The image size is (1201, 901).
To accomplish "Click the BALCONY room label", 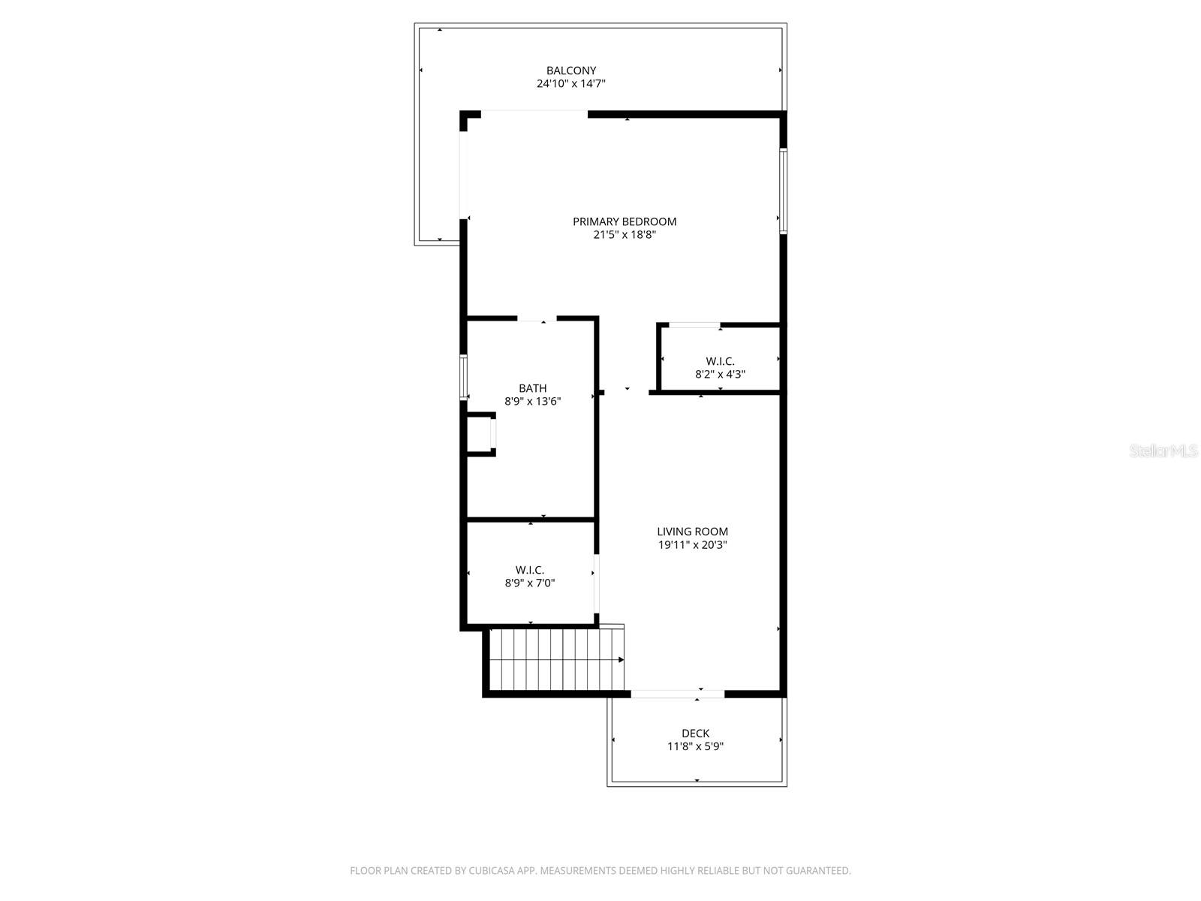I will (571, 71).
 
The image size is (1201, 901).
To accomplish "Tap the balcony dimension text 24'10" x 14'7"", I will (571, 84).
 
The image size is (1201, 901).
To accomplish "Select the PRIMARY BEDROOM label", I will (625, 221).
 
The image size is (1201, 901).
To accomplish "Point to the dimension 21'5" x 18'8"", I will (625, 235).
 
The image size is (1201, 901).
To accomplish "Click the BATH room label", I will (533, 388).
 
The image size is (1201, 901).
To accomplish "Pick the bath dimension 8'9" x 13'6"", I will (533, 402).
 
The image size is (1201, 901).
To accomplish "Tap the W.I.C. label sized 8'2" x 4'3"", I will (720, 361).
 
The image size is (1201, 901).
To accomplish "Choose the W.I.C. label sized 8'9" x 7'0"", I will (530, 570).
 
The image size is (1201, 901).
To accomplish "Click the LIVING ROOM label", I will (692, 532).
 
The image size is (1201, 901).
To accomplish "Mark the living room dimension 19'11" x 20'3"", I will (692, 545).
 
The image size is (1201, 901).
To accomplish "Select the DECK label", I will (695, 734).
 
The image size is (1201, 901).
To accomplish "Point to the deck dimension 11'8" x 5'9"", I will (695, 747).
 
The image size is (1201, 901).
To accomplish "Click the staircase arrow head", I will (621, 660).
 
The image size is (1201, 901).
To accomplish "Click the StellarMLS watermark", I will (1163, 451).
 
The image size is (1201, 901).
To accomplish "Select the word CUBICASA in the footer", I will (490, 871).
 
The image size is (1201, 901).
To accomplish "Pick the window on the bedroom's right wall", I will (783, 191).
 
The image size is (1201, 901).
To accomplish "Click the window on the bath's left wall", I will (464, 377).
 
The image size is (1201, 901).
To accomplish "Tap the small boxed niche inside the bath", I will (480, 434).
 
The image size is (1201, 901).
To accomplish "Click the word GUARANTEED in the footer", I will (820, 871).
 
